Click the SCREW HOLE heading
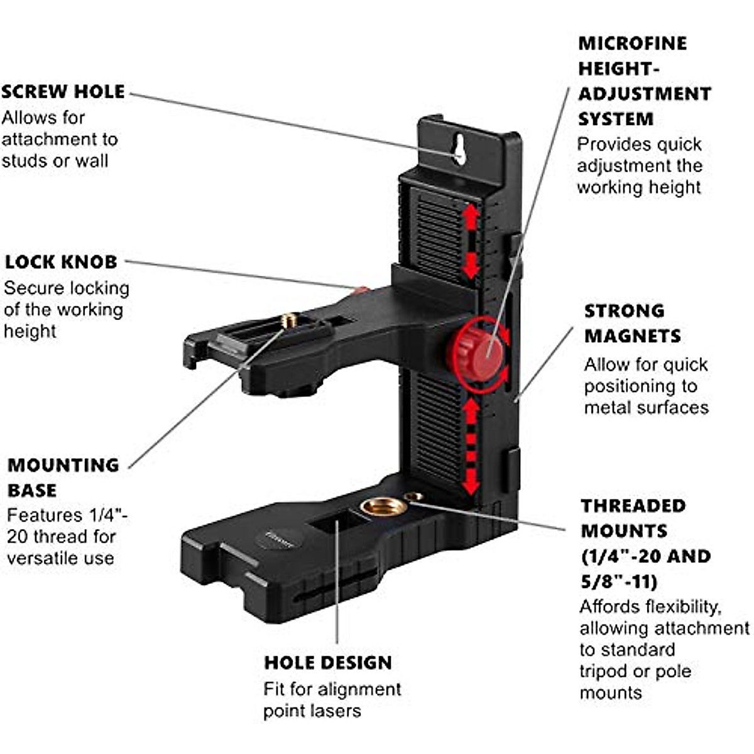[x=63, y=92]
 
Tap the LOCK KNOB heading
[x=61, y=262]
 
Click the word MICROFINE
[x=633, y=43]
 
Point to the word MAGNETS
[x=633, y=336]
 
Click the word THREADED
[x=633, y=506]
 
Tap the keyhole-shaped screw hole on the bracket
[x=460, y=149]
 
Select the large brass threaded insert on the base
[x=383, y=507]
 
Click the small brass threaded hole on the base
[x=413, y=497]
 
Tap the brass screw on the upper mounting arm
[x=289, y=320]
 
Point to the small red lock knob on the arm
[x=361, y=291]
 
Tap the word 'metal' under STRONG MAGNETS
[x=608, y=408]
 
